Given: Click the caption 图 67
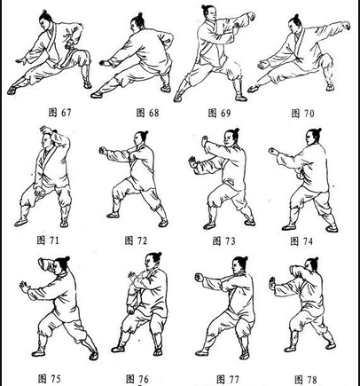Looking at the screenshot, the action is click(x=59, y=113).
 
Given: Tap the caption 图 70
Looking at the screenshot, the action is click(x=302, y=114).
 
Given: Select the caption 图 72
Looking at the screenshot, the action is click(x=136, y=240).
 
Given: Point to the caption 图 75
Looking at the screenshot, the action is click(x=50, y=379).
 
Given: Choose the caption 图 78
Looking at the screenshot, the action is click(x=306, y=379).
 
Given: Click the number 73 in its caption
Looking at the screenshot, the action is click(x=230, y=241).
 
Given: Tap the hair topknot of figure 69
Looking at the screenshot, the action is click(x=206, y=7).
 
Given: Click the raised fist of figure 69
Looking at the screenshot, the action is click(x=251, y=16).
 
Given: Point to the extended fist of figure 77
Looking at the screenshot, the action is click(x=200, y=278).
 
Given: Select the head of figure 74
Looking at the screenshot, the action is click(x=313, y=138).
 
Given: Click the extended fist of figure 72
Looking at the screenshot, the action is click(x=103, y=150).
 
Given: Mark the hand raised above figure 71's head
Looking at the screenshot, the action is click(x=45, y=130).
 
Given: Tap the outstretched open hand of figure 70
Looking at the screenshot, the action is click(x=262, y=65).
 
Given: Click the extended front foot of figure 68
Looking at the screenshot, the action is click(x=97, y=95).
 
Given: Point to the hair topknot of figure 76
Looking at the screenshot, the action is click(x=158, y=256).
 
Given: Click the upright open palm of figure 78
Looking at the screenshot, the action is click(x=272, y=284).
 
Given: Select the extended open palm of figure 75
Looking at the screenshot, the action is click(x=24, y=287).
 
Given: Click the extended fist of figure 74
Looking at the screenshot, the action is click(x=273, y=152).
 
